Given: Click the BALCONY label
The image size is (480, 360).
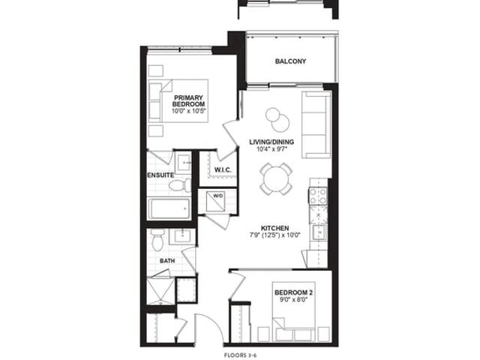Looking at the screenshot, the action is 290,61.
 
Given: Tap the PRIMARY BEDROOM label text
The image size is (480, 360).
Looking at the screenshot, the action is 188,100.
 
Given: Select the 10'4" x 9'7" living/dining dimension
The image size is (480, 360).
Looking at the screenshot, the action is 272,149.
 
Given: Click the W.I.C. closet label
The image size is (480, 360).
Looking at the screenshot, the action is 223,170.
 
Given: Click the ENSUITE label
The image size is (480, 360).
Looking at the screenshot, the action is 160,175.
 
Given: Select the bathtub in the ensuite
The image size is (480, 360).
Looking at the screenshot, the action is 169,208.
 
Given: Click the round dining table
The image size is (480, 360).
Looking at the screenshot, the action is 276,178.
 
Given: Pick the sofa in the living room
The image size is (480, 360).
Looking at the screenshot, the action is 316,124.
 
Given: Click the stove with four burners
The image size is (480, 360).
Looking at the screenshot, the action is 318,196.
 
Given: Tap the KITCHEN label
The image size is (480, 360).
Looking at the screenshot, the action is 274,228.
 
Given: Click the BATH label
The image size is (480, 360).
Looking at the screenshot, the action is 167,261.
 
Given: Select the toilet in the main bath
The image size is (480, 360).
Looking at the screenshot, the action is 158,239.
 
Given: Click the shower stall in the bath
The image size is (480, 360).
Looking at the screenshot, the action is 160,291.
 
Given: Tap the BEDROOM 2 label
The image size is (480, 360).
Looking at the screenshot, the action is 293,292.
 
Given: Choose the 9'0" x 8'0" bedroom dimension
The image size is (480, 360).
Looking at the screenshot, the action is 293,299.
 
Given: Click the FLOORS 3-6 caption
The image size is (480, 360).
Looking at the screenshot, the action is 240,355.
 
